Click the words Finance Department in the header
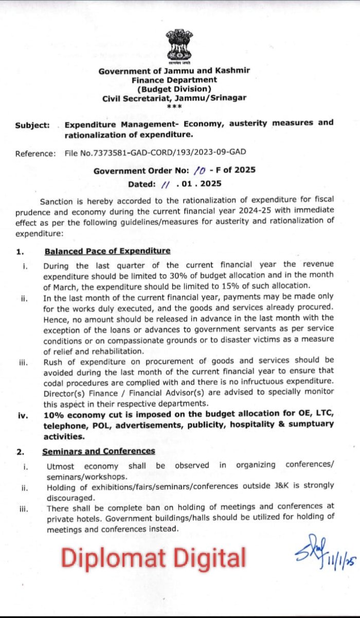(174, 80)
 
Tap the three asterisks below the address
(174, 106)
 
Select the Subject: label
(32, 125)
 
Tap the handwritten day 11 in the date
(165, 184)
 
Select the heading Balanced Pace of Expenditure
(107, 251)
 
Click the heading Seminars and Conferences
(98, 451)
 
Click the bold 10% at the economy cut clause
(53, 415)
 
